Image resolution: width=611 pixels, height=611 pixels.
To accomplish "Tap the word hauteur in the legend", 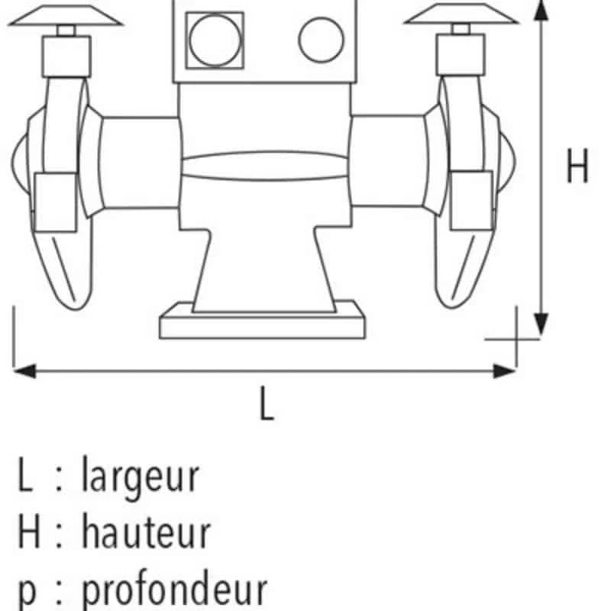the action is [x=147, y=531].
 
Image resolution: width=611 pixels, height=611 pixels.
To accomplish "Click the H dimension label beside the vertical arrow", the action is [x=577, y=166].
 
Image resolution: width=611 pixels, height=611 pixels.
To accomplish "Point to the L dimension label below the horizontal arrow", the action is [x=267, y=403].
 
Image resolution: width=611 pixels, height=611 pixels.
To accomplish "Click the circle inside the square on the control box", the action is [x=215, y=40].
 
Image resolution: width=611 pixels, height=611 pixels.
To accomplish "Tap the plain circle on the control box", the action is [x=322, y=40].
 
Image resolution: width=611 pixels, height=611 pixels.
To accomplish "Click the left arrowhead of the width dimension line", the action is [x=24, y=370].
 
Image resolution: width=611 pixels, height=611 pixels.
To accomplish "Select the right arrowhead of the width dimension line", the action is [x=505, y=370].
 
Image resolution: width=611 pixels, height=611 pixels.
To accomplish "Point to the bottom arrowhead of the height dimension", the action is [x=541, y=324].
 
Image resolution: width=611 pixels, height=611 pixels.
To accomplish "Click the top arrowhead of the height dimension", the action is [x=541, y=10].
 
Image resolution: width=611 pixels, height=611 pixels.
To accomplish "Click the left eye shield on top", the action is [x=66, y=15].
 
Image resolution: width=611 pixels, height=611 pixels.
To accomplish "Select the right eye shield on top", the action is [x=461, y=14].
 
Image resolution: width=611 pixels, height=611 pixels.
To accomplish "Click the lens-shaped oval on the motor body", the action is [x=265, y=166].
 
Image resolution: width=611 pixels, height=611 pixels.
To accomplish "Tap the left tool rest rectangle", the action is [x=55, y=202].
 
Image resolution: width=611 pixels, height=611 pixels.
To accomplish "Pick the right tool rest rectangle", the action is [x=471, y=200].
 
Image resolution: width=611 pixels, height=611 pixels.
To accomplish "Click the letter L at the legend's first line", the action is [x=25, y=474].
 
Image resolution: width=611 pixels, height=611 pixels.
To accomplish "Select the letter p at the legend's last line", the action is [x=27, y=592].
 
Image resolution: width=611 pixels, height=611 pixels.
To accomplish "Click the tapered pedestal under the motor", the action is [x=264, y=270].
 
